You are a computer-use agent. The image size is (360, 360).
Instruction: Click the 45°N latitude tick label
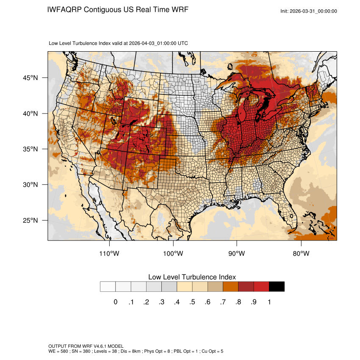[30, 78]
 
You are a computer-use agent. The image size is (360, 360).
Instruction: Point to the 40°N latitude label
[30, 114]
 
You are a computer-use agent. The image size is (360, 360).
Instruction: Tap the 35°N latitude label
[30, 149]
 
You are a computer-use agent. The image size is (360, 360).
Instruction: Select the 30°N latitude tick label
[30, 185]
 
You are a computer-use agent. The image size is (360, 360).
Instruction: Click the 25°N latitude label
[30, 220]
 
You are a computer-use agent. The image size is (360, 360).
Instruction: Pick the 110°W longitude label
[110, 254]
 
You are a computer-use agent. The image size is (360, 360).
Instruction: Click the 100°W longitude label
[173, 254]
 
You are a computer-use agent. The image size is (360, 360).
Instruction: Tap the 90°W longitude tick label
[237, 254]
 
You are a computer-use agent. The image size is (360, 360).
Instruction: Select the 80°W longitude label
[301, 254]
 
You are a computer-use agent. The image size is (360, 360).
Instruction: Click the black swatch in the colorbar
[277, 287]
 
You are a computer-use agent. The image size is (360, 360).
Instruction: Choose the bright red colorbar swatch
[261, 287]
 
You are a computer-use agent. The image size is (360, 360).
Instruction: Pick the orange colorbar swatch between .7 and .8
[230, 287]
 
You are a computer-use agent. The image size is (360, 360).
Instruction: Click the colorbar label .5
[192, 302]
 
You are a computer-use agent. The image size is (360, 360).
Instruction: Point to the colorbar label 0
[115, 302]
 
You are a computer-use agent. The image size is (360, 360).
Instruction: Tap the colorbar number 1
[269, 302]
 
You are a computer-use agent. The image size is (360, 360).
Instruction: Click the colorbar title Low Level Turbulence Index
[192, 277]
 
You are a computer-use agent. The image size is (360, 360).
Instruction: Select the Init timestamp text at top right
[309, 11]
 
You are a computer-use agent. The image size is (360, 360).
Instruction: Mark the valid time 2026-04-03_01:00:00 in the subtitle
[152, 43]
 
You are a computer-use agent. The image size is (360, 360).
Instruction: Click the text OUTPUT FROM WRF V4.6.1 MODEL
[86, 346]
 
